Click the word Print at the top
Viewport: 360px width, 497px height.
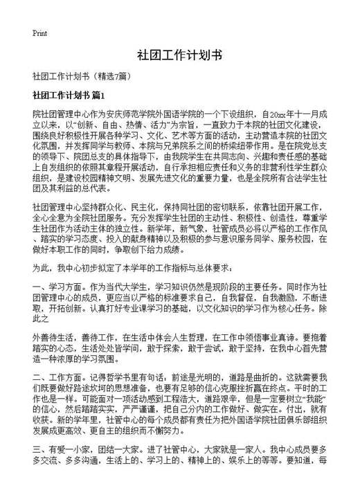tap(39, 33)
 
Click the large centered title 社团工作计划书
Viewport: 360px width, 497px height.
tap(179, 55)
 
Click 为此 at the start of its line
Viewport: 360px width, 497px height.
tap(41, 267)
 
